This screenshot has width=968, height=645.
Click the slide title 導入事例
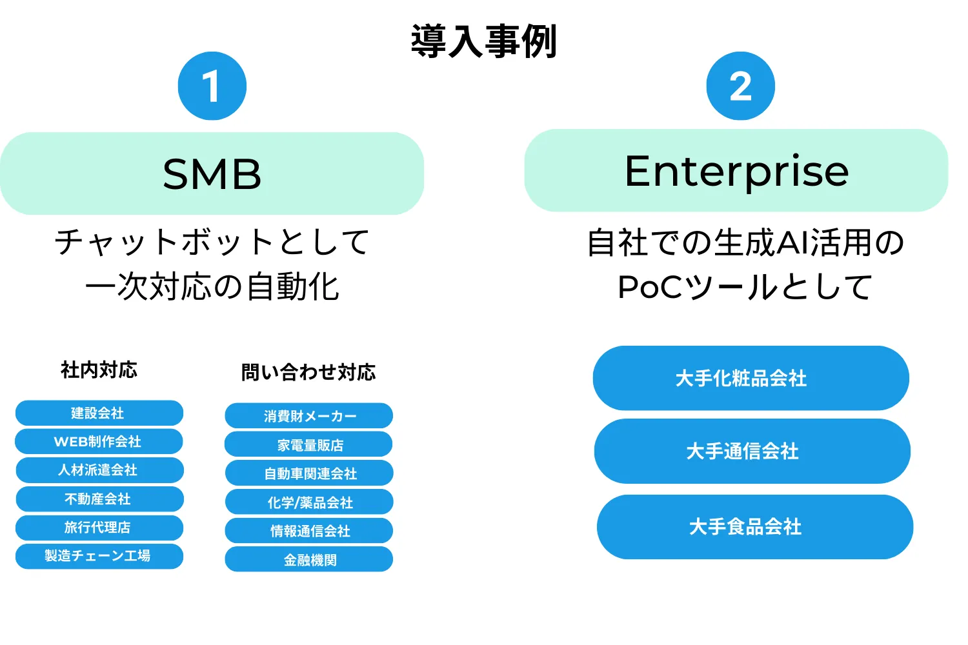(483, 41)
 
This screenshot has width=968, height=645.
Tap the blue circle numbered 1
(212, 86)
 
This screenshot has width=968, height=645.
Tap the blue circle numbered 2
(741, 86)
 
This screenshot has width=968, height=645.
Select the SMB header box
(212, 174)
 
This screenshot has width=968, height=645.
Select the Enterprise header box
(736, 170)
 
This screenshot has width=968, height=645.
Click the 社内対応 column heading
(99, 370)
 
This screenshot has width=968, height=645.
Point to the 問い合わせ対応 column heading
(308, 372)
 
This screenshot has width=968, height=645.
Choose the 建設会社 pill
(99, 413)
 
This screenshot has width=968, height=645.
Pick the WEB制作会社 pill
(99, 442)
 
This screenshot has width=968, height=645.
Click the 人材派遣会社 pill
(100, 470)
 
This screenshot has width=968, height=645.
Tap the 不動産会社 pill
(100, 499)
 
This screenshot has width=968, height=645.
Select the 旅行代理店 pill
(99, 528)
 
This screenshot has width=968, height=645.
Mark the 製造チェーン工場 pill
(99, 556)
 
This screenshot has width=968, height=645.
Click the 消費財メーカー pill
(309, 415)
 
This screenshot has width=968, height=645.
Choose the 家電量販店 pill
(308, 444)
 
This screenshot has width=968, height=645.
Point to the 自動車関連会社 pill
(309, 473)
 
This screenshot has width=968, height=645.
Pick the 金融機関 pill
(309, 559)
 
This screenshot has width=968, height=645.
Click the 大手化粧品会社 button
(751, 378)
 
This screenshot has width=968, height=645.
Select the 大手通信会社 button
(752, 451)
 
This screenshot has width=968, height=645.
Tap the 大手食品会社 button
(755, 527)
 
